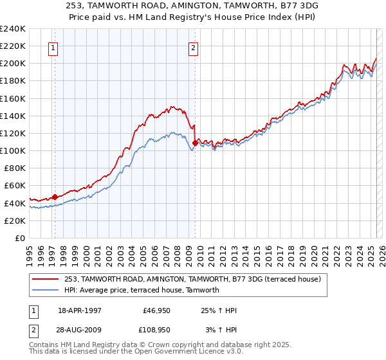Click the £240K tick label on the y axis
click(x=13, y=29)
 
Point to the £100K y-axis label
click(x=13, y=150)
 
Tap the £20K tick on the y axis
click(x=15, y=221)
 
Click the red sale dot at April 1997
click(x=55, y=197)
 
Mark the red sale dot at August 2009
click(x=195, y=143)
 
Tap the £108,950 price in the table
click(x=154, y=329)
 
